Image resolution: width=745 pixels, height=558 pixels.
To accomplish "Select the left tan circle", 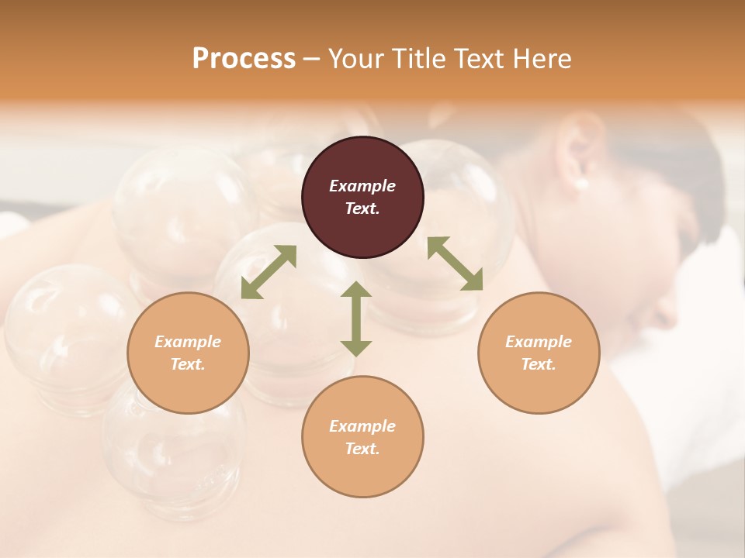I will click(x=188, y=353).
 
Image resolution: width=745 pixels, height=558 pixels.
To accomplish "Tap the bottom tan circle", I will click(x=362, y=436).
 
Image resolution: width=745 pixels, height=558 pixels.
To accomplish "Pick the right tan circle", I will click(x=539, y=353).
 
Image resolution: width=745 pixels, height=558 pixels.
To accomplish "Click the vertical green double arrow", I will click(x=356, y=319).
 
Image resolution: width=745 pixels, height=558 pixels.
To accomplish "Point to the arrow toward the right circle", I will click(x=455, y=263).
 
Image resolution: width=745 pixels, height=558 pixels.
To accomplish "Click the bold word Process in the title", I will click(x=244, y=59).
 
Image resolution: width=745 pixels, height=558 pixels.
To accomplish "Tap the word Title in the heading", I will click(x=420, y=59).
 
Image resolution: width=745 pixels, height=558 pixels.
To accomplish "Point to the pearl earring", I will click(x=580, y=184).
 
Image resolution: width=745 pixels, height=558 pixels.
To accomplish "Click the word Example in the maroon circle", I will click(x=362, y=186).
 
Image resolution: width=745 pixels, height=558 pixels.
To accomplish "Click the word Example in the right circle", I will click(x=539, y=342).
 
